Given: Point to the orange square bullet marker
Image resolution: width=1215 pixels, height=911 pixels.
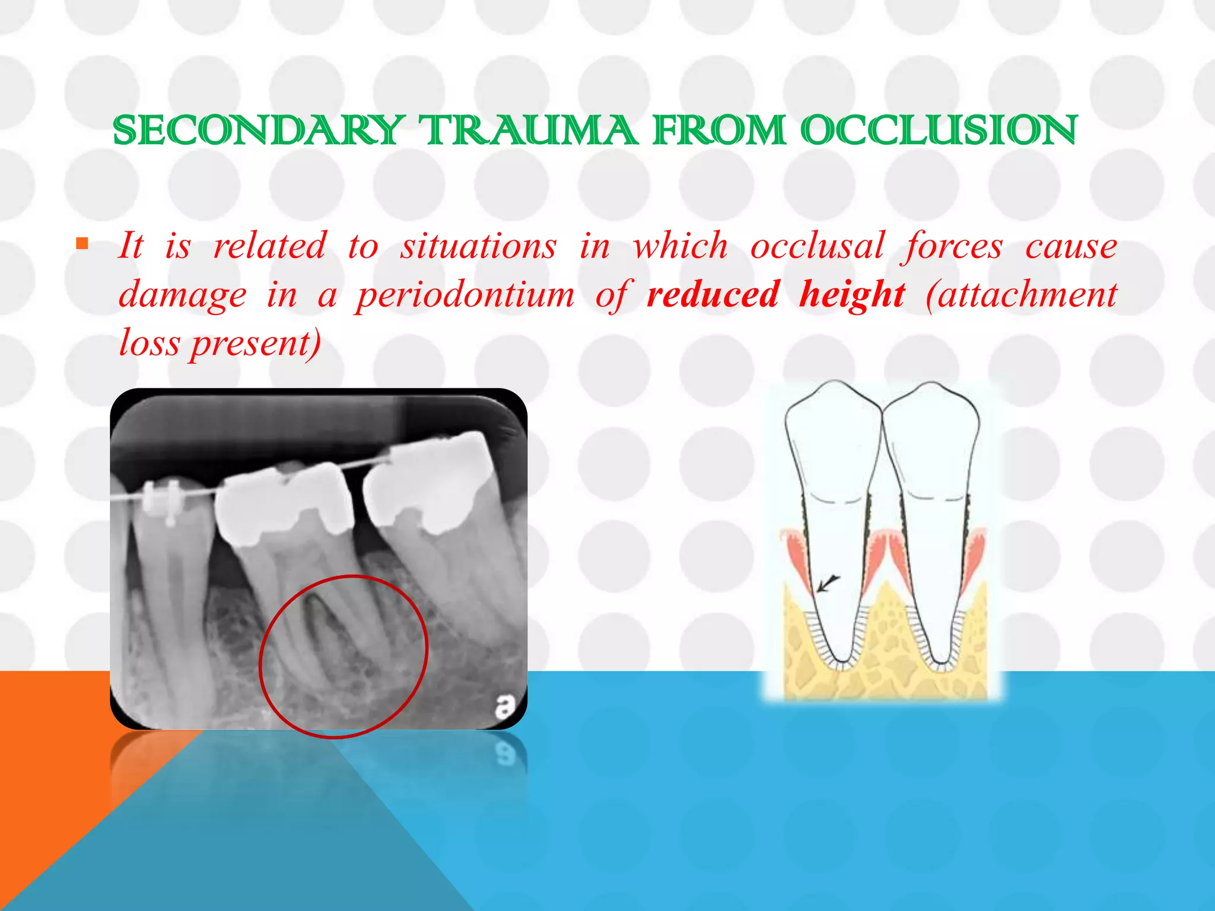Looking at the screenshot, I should point(82,243).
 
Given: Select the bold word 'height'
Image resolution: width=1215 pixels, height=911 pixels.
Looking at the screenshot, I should point(852,295).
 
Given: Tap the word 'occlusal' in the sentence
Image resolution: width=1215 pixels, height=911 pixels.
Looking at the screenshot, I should point(817,246).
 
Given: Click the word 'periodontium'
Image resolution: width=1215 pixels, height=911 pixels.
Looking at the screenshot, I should point(465,295).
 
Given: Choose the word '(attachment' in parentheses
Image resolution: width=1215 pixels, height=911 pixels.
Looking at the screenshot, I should point(1022,294).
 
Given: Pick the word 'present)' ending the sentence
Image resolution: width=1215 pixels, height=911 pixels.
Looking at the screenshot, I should point(256,343).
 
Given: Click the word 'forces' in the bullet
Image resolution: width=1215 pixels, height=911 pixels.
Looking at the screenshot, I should point(952,247).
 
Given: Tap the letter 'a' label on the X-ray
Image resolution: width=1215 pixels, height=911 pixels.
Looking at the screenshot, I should point(505,706).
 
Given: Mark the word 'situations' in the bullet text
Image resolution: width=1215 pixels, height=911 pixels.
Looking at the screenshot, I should point(479,246).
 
